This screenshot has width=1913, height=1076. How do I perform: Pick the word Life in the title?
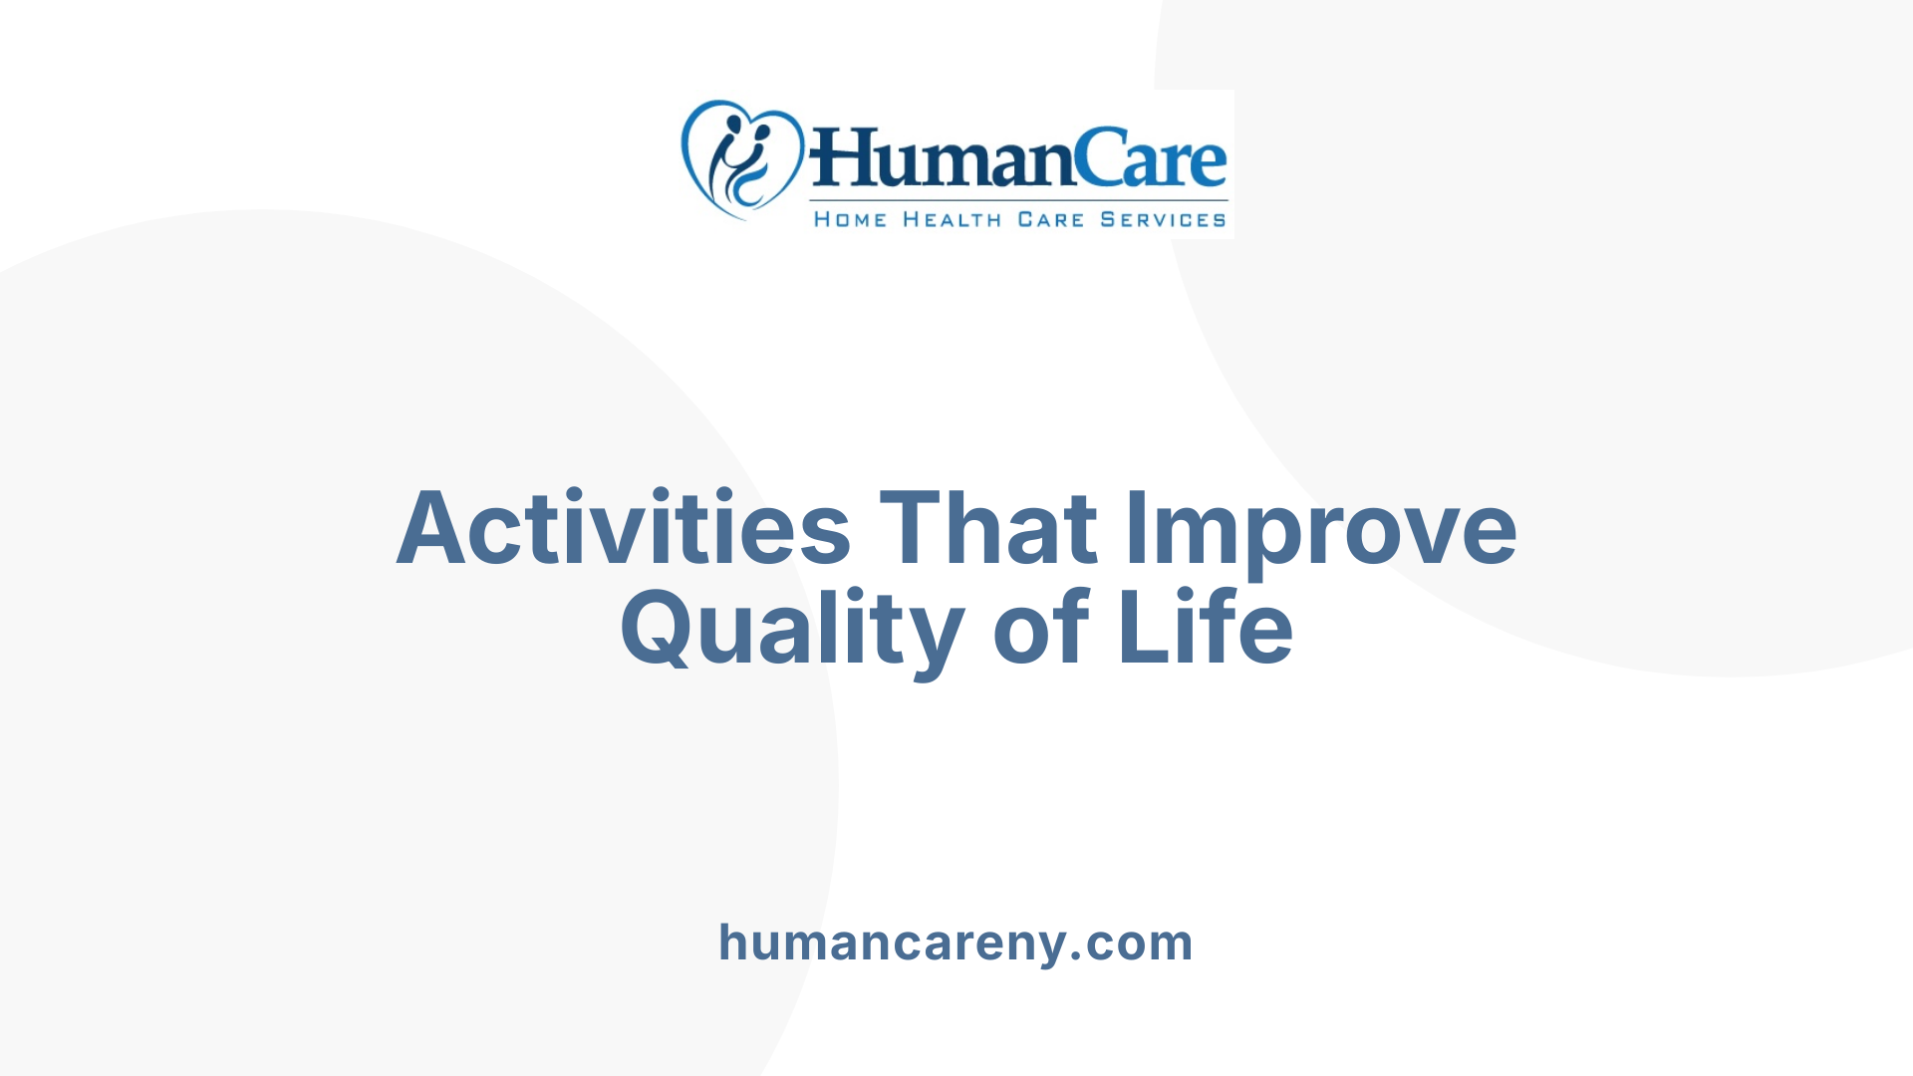[x=1206, y=628]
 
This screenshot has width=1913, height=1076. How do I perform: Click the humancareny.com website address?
[x=956, y=942]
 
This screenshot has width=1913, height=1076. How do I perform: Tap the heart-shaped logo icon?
[x=741, y=159]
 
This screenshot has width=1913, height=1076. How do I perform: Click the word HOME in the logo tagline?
[x=850, y=219]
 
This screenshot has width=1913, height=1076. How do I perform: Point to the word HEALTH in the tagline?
[x=952, y=219]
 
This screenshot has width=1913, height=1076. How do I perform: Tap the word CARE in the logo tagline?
[x=1050, y=219]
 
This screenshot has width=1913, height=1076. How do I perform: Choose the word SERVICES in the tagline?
[x=1163, y=219]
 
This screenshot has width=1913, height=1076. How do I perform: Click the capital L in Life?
[x=1141, y=628]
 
